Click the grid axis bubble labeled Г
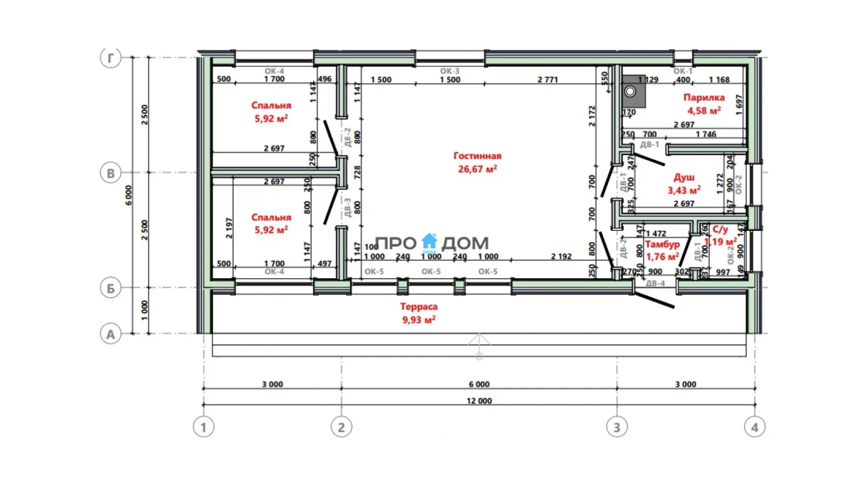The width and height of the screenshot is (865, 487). [x=111, y=58]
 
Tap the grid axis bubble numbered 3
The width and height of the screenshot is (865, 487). [x=617, y=427]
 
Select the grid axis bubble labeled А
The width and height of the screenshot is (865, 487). [x=111, y=334]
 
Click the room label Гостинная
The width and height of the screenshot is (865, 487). [x=477, y=156]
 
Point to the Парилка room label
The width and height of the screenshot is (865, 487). [x=704, y=98]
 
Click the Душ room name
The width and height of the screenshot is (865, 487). [x=684, y=177]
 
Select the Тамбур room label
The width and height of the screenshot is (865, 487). [x=662, y=244]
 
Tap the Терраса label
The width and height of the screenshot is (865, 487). [x=419, y=306]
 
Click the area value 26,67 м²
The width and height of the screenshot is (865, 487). [x=477, y=169]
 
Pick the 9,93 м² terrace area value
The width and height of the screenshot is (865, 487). [x=419, y=320]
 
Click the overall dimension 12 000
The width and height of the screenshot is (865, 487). [x=479, y=400]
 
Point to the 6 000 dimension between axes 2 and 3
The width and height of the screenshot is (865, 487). [x=479, y=384]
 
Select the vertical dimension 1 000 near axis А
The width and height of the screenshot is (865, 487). [x=144, y=310]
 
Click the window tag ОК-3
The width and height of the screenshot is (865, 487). [x=450, y=71]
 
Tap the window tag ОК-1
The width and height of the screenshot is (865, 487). [x=683, y=71]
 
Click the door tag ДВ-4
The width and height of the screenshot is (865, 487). [x=655, y=283]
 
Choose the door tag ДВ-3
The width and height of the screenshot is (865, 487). [x=348, y=207]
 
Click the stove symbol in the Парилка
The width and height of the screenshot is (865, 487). [x=630, y=91]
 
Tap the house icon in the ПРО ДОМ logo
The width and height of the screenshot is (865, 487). [x=430, y=241]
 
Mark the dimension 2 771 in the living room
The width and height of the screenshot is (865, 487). [x=547, y=80]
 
